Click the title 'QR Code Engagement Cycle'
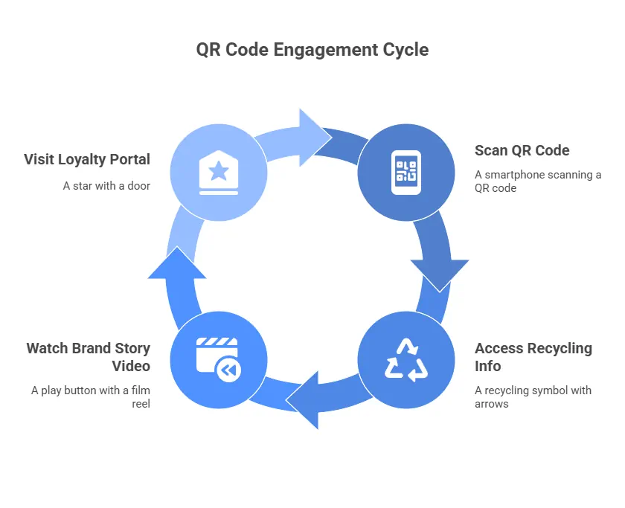(312, 50)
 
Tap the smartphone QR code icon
(406, 173)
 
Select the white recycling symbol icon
(406, 360)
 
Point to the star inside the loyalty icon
(219, 171)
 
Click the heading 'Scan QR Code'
(522, 150)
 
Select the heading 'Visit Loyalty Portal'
(87, 160)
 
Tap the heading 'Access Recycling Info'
(533, 357)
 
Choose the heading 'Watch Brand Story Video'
(89, 357)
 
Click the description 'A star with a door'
(106, 186)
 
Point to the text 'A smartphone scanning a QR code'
(538, 181)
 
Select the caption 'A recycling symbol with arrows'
(533, 397)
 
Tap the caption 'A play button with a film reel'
(91, 397)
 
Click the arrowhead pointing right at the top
(315, 138)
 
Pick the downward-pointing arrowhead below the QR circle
(440, 276)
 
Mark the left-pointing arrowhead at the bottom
(302, 400)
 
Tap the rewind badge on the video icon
(229, 370)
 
